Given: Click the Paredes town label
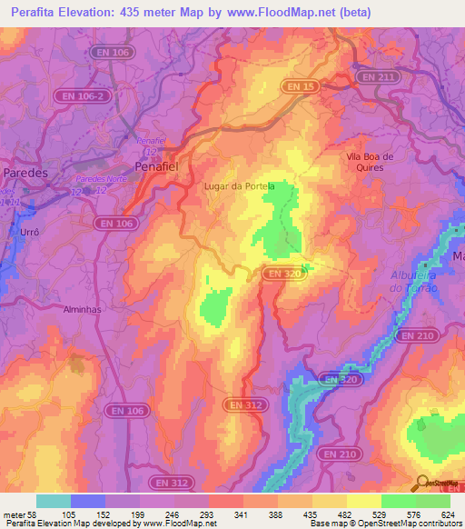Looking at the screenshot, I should pyautogui.click(x=25, y=172).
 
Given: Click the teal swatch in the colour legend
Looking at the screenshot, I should pyautogui.click(x=54, y=501).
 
